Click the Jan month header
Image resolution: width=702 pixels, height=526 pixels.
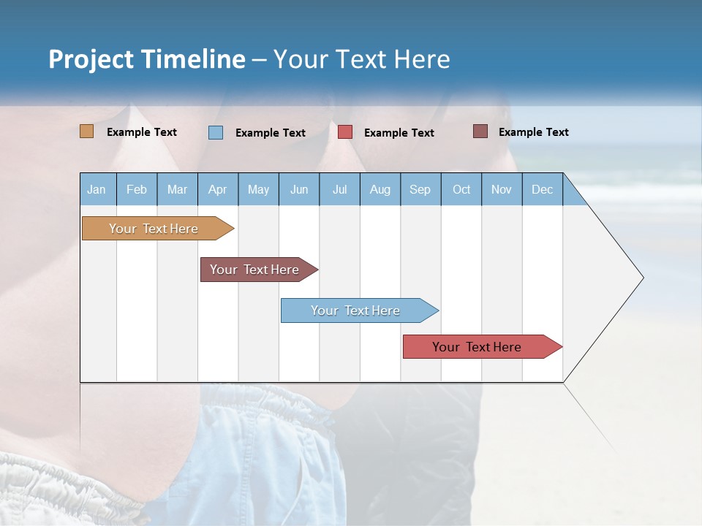click(x=97, y=189)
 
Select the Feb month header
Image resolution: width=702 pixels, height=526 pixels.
click(x=137, y=189)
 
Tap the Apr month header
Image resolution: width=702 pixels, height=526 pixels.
click(x=218, y=189)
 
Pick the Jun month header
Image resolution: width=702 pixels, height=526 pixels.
click(x=299, y=189)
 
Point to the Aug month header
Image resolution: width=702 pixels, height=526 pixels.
click(x=380, y=189)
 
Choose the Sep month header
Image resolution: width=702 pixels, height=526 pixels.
click(x=420, y=189)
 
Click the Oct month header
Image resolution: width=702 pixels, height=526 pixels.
click(x=461, y=189)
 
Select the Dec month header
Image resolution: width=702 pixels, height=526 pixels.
click(x=543, y=189)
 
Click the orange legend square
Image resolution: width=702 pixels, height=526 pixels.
click(x=86, y=131)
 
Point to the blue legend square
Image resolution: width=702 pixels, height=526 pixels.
click(x=216, y=132)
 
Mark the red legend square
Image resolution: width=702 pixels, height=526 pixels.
click(x=345, y=132)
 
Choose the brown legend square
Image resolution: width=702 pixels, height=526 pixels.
click(x=480, y=131)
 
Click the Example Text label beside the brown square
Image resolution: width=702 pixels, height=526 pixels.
click(x=533, y=132)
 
